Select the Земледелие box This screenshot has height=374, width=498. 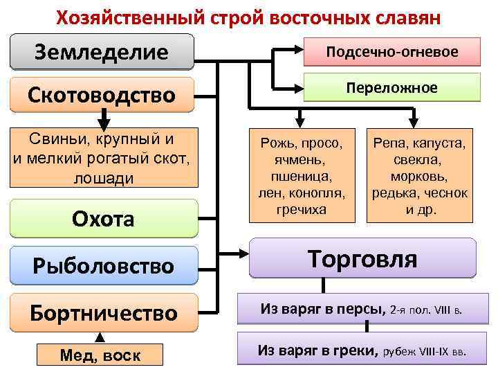[102, 52]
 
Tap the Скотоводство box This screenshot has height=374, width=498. [102, 94]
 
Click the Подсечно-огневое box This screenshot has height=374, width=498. [392, 51]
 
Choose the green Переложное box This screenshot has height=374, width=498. [392, 88]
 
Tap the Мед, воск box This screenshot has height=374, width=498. [100, 355]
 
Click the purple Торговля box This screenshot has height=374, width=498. [362, 260]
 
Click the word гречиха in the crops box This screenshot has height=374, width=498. [301, 208]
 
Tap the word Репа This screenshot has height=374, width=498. [390, 143]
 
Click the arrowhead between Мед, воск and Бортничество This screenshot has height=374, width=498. [100, 337]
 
